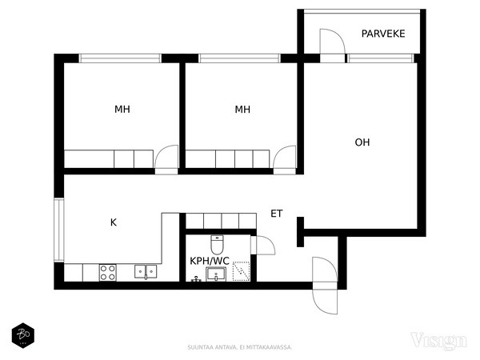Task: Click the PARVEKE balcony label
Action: click(x=383, y=34)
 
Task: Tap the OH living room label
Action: click(x=362, y=142)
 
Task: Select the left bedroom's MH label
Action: click(x=122, y=110)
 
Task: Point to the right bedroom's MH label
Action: click(x=242, y=110)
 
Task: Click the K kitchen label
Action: click(x=114, y=222)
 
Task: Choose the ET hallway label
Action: click(x=277, y=214)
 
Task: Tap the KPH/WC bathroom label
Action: click(x=210, y=261)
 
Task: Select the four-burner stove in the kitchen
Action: click(x=108, y=272)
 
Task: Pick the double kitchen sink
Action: click(x=145, y=272)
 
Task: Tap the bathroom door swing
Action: click(x=262, y=245)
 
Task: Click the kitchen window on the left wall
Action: click(x=58, y=229)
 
